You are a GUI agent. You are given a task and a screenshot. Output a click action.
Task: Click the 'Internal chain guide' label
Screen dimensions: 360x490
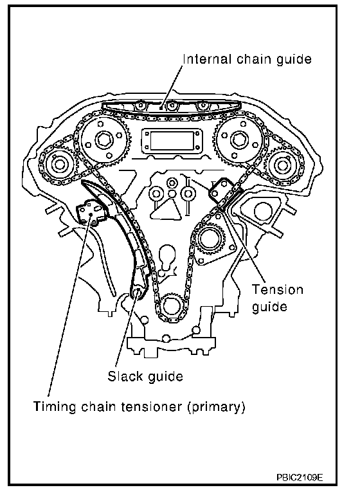pyautogui.click(x=247, y=59)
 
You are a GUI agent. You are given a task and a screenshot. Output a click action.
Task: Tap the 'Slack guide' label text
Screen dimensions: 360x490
pyautogui.click(x=145, y=376)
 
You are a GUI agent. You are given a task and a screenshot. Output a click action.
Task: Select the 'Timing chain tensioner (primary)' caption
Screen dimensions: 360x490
pyautogui.click(x=139, y=407)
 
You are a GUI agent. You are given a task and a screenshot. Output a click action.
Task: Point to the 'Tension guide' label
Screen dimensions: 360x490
pyautogui.click(x=278, y=298)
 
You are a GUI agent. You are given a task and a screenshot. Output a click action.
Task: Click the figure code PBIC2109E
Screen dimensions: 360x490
pyautogui.click(x=300, y=477)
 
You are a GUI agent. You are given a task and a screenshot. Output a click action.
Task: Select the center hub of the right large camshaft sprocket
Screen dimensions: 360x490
pyautogui.click(x=238, y=140)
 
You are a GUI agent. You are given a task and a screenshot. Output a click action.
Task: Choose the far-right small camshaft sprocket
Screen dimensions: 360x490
pyautogui.click(x=282, y=165)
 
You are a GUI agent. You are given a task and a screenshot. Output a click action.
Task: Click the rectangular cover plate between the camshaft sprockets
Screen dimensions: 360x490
pyautogui.click(x=172, y=141)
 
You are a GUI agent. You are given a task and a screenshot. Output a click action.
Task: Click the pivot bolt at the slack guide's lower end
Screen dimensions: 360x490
pyautogui.click(x=137, y=293)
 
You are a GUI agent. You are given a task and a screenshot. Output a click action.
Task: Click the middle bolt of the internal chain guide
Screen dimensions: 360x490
pyautogui.click(x=171, y=105)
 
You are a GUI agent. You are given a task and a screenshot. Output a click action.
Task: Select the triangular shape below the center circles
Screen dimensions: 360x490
pyautogui.click(x=166, y=210)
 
